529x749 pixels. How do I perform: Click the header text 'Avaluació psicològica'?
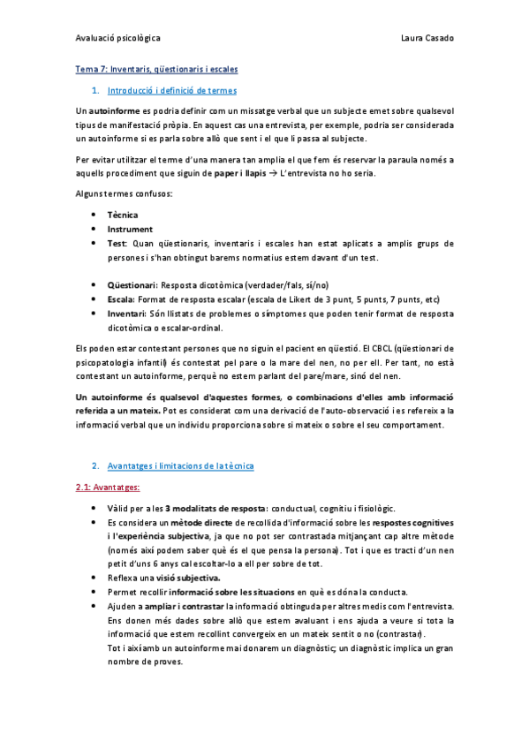pyautogui.click(x=117, y=39)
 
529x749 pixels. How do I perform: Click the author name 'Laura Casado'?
pyautogui.click(x=427, y=39)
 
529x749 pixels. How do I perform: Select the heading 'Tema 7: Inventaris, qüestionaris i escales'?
pyautogui.click(x=155, y=69)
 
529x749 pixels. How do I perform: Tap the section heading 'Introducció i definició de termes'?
pyautogui.click(x=171, y=91)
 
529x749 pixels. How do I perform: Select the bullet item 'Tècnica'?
pyautogui.click(x=123, y=215)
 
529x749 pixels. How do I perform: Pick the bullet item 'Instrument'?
pyautogui.click(x=129, y=229)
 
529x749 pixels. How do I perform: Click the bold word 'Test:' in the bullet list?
pyautogui.click(x=118, y=243)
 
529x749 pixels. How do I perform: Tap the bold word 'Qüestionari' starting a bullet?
pyautogui.click(x=132, y=285)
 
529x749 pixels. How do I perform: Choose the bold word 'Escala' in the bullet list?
pyautogui.click(x=121, y=299)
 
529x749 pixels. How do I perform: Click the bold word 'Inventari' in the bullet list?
pyautogui.click(x=127, y=314)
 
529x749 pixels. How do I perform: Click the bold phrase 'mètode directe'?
pyautogui.click(x=192, y=523)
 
